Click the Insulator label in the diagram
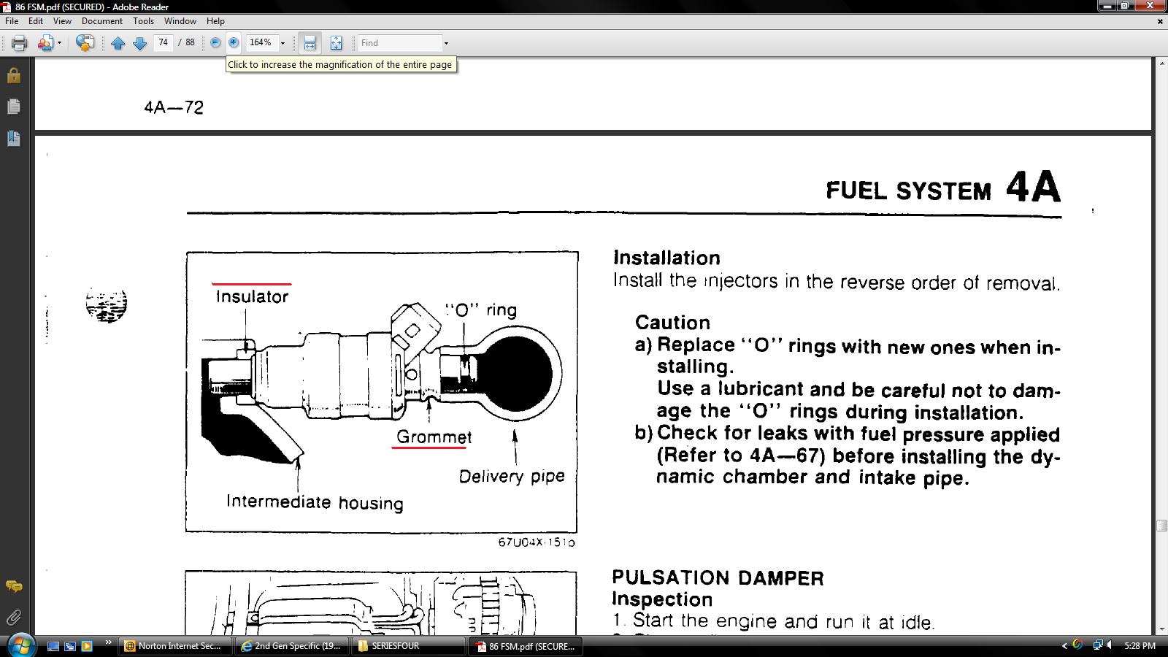252,296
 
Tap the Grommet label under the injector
434,437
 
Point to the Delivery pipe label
512,476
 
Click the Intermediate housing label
315,502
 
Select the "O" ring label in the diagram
481,310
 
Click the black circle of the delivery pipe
517,374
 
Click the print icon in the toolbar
19,43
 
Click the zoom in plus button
234,43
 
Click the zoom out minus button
215,43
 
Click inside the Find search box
399,43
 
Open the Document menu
101,21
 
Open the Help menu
215,21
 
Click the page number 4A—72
174,107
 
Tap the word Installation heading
666,258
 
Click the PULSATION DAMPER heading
718,577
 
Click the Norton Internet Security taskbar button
174,646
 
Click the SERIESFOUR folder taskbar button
408,646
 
